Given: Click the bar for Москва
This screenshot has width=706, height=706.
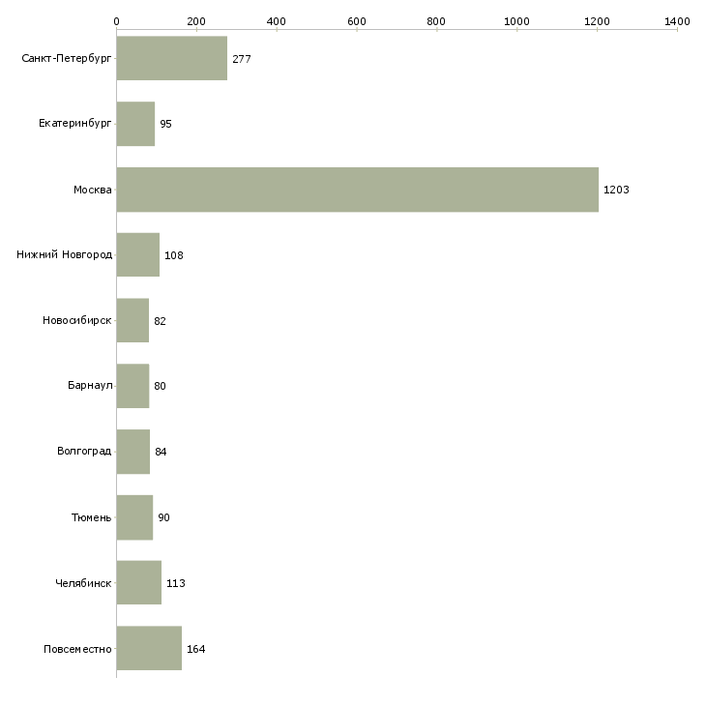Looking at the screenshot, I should point(357,190).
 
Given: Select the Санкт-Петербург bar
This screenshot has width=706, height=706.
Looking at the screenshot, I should point(172,59).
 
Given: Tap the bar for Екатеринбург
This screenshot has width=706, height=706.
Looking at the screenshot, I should point(135,124).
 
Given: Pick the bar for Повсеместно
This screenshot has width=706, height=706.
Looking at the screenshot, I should point(149,648).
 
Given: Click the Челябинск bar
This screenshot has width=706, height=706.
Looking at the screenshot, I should point(138,583).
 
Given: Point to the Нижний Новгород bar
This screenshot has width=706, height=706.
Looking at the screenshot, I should point(137,255).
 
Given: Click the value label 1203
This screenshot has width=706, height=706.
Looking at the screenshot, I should point(616,191).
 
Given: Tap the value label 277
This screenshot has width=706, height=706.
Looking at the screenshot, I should point(242,59).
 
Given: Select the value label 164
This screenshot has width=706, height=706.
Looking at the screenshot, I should point(195,649).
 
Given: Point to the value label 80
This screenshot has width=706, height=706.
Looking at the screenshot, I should point(160,387).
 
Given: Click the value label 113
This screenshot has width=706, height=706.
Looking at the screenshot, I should point(175,584).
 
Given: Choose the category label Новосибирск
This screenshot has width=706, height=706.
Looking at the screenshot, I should point(77,321).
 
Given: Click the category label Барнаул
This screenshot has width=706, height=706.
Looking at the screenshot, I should point(90,386).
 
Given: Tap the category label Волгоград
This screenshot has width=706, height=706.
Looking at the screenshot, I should point(84,452).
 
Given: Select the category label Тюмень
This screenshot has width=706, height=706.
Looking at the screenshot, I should point(92,517).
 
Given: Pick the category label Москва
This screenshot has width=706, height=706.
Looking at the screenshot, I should point(93,190).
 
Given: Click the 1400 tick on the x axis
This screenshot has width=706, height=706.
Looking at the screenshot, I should point(677,20).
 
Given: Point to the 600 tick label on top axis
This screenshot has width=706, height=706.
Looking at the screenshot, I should point(356,20).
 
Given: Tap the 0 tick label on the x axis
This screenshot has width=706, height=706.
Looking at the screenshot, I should point(116,20).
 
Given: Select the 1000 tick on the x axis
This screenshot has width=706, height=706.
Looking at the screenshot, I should point(516,20).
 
